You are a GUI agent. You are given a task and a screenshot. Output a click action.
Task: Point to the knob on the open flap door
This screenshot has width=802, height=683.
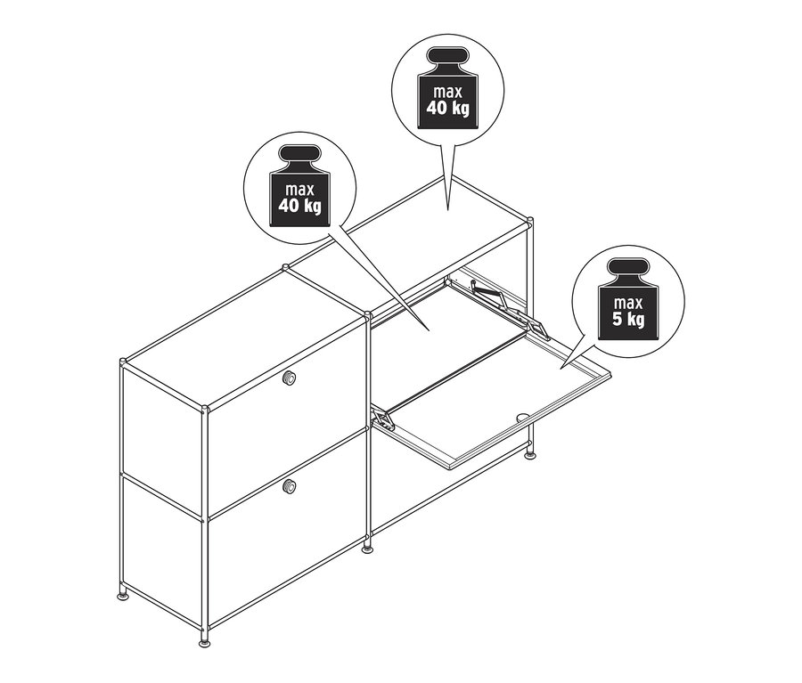pos(523,415)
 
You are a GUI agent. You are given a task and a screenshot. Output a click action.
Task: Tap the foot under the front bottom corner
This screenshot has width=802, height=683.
pos(207,639)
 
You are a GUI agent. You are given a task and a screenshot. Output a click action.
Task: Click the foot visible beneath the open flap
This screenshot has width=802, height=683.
pos(531,454)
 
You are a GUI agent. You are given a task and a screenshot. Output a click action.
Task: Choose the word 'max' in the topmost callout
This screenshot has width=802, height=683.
pos(448,92)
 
